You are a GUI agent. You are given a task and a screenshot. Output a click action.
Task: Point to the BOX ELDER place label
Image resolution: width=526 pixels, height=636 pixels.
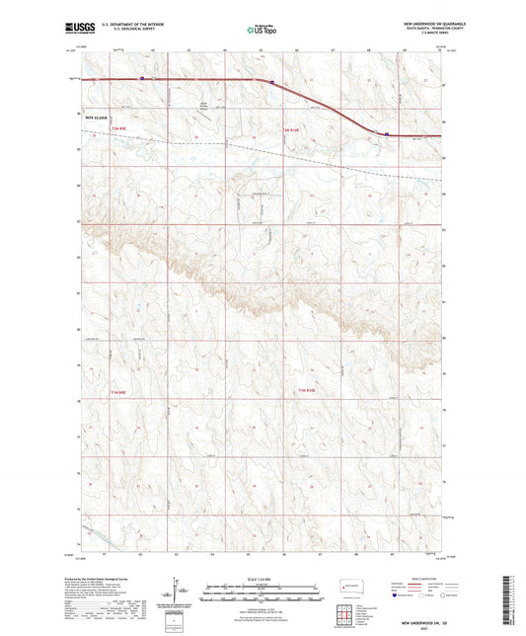click(95, 115)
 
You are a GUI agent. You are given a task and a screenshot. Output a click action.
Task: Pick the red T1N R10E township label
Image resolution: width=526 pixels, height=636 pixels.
click(308, 393)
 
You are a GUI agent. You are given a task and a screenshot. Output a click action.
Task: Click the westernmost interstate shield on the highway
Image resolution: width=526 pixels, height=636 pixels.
click(142, 78)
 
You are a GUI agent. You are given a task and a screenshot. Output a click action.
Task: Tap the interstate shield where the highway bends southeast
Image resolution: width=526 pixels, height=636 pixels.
click(272, 83)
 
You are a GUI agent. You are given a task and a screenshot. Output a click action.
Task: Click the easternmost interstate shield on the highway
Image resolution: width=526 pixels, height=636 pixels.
click(387, 134)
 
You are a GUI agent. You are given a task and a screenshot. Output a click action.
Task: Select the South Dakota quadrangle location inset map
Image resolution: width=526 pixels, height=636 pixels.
click(349, 583)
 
